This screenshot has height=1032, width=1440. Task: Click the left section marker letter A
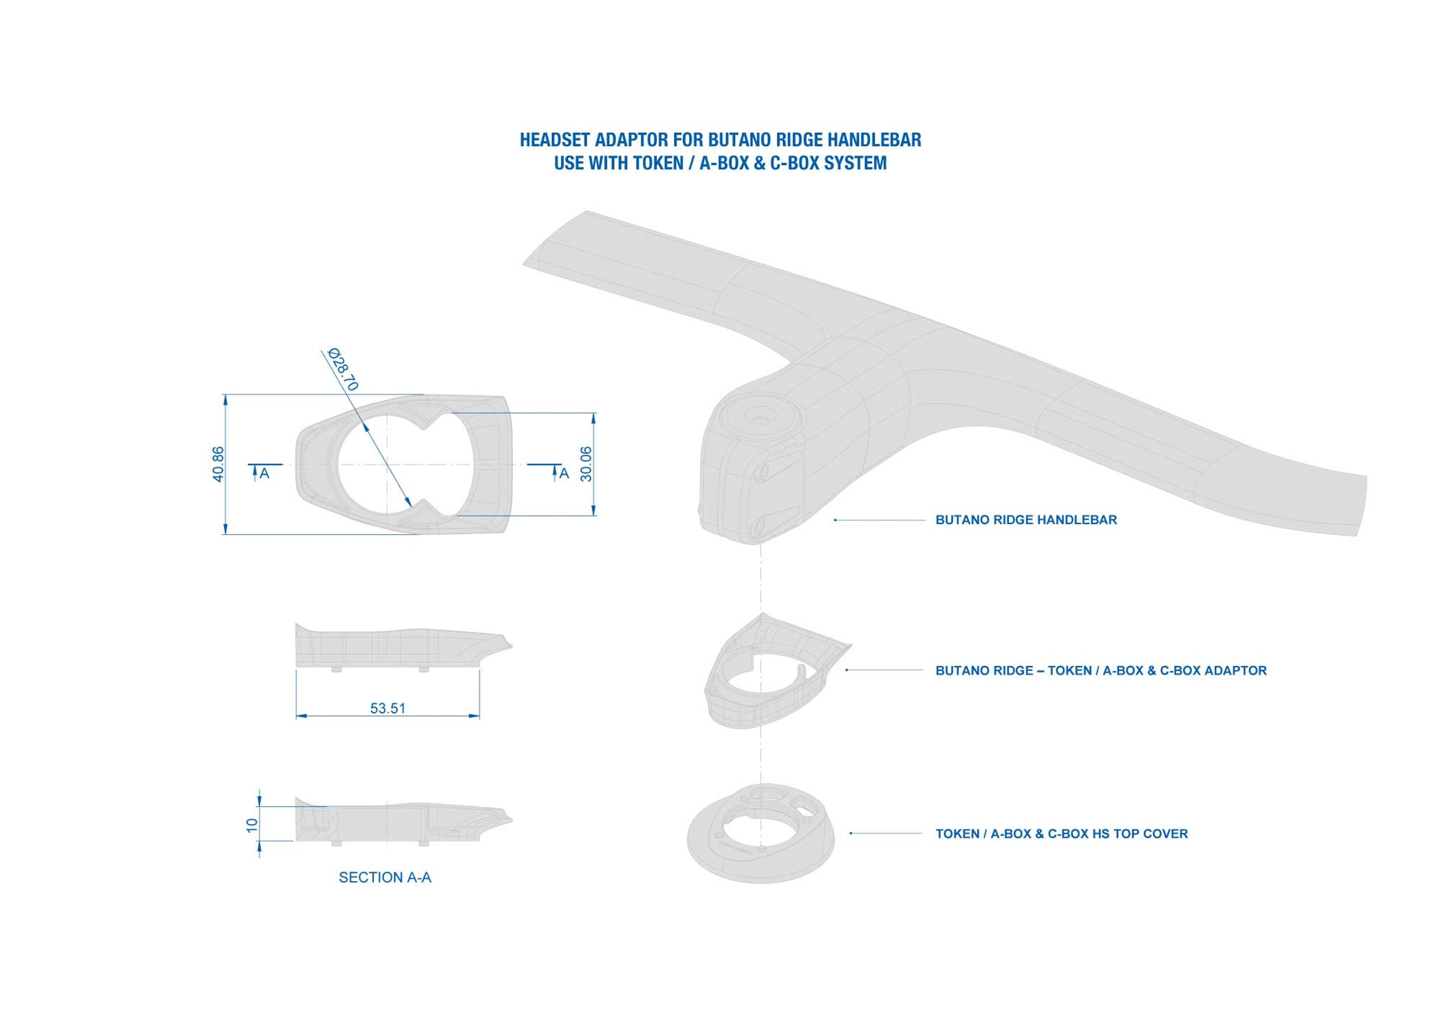click(265, 473)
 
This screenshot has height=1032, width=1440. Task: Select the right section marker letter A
click(564, 473)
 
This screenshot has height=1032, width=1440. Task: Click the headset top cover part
click(760, 838)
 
